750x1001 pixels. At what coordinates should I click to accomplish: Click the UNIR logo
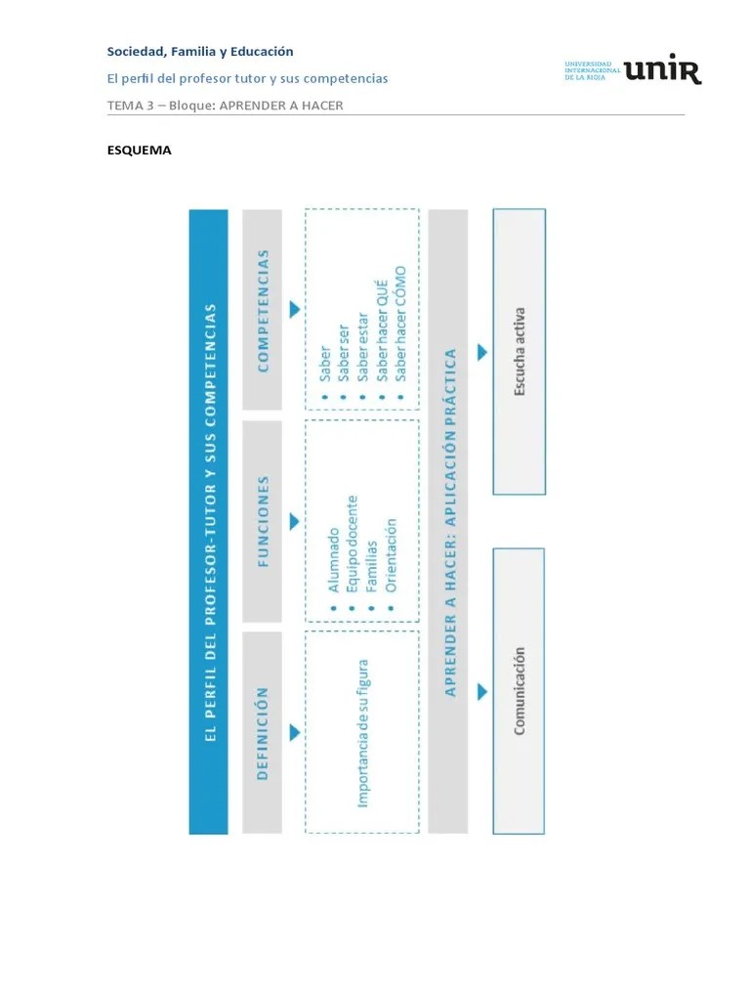coord(633,70)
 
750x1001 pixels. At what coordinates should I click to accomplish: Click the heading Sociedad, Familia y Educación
coord(200,52)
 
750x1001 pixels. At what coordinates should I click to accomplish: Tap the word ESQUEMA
coord(139,151)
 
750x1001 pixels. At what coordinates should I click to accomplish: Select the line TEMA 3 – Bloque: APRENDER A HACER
coord(225,105)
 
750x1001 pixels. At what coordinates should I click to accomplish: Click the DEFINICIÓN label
coord(262,733)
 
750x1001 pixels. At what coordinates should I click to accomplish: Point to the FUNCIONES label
coord(262,521)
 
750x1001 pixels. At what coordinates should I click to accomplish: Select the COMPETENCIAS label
coord(262,310)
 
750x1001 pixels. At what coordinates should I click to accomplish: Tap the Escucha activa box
coord(520,352)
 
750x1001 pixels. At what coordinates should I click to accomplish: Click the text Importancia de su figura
coord(362,732)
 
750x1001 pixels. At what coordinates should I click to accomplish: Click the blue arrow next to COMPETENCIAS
coord(294,310)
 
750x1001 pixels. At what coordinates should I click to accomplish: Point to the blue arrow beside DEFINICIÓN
coord(294,733)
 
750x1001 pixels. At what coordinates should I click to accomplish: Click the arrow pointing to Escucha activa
coord(481,352)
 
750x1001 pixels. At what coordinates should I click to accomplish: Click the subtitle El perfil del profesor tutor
coord(247,78)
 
